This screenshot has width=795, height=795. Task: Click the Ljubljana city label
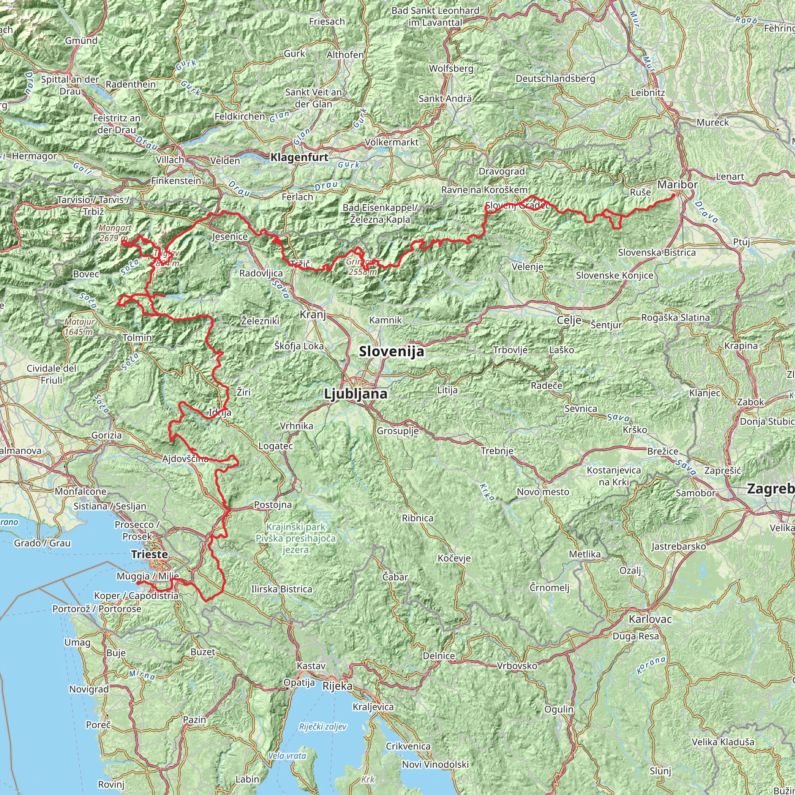356,394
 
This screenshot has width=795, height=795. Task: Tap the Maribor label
677,185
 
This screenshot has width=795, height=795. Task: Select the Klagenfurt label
300,157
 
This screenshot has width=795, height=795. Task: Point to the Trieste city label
149,554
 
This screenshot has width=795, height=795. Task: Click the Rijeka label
337,686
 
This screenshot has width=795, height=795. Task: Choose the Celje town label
569,320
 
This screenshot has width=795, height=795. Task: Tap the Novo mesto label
543,492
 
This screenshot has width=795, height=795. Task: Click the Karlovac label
650,619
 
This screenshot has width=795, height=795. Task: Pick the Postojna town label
273,505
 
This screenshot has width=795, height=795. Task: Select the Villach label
170,160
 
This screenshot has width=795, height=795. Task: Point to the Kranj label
313,315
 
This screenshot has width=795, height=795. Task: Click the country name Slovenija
391,351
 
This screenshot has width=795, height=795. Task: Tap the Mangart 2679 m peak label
115,233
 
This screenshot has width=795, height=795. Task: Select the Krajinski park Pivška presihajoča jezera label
295,538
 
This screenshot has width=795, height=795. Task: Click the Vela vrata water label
287,755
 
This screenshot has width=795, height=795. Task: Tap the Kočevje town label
454,558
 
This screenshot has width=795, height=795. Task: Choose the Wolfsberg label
451,68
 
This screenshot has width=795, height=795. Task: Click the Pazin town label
194,720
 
